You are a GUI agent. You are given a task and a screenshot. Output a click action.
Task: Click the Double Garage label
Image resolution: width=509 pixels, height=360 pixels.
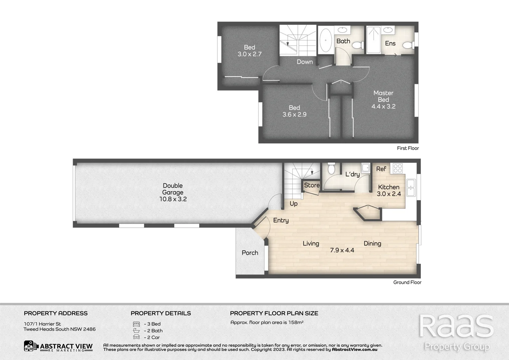coord(173,189)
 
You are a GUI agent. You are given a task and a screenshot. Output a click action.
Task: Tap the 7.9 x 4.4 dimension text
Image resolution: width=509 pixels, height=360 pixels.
coord(342,250)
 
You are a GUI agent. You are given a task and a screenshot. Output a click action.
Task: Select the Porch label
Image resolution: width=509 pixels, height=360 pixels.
coord(250,253)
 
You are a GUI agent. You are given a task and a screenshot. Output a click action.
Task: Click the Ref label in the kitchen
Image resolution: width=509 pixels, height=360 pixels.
coord(381,169)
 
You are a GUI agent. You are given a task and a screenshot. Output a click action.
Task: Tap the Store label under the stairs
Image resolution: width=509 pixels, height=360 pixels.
coord(312,185)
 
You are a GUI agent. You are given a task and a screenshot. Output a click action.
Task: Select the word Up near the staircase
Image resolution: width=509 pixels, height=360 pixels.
coord(293,204)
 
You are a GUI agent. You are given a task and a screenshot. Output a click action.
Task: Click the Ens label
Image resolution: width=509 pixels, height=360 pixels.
coord(390,43)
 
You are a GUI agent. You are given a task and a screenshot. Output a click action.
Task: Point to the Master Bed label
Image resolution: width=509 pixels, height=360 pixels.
coord(383,96)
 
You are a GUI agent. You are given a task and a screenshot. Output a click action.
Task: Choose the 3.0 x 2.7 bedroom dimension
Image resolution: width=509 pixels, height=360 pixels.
coord(250,54)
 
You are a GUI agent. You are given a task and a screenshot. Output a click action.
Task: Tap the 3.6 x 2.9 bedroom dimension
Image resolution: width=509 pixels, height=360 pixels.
coord(294,114)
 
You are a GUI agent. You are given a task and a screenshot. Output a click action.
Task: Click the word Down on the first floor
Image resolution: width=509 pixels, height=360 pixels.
coord(304,62)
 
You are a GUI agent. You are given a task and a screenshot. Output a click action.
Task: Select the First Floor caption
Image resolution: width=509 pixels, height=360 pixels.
coord(408,148)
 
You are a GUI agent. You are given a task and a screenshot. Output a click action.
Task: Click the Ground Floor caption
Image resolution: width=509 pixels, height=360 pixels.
coord(407,282)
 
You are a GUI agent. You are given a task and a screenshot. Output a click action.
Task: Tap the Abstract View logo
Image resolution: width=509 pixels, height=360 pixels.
coord(58,346)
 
